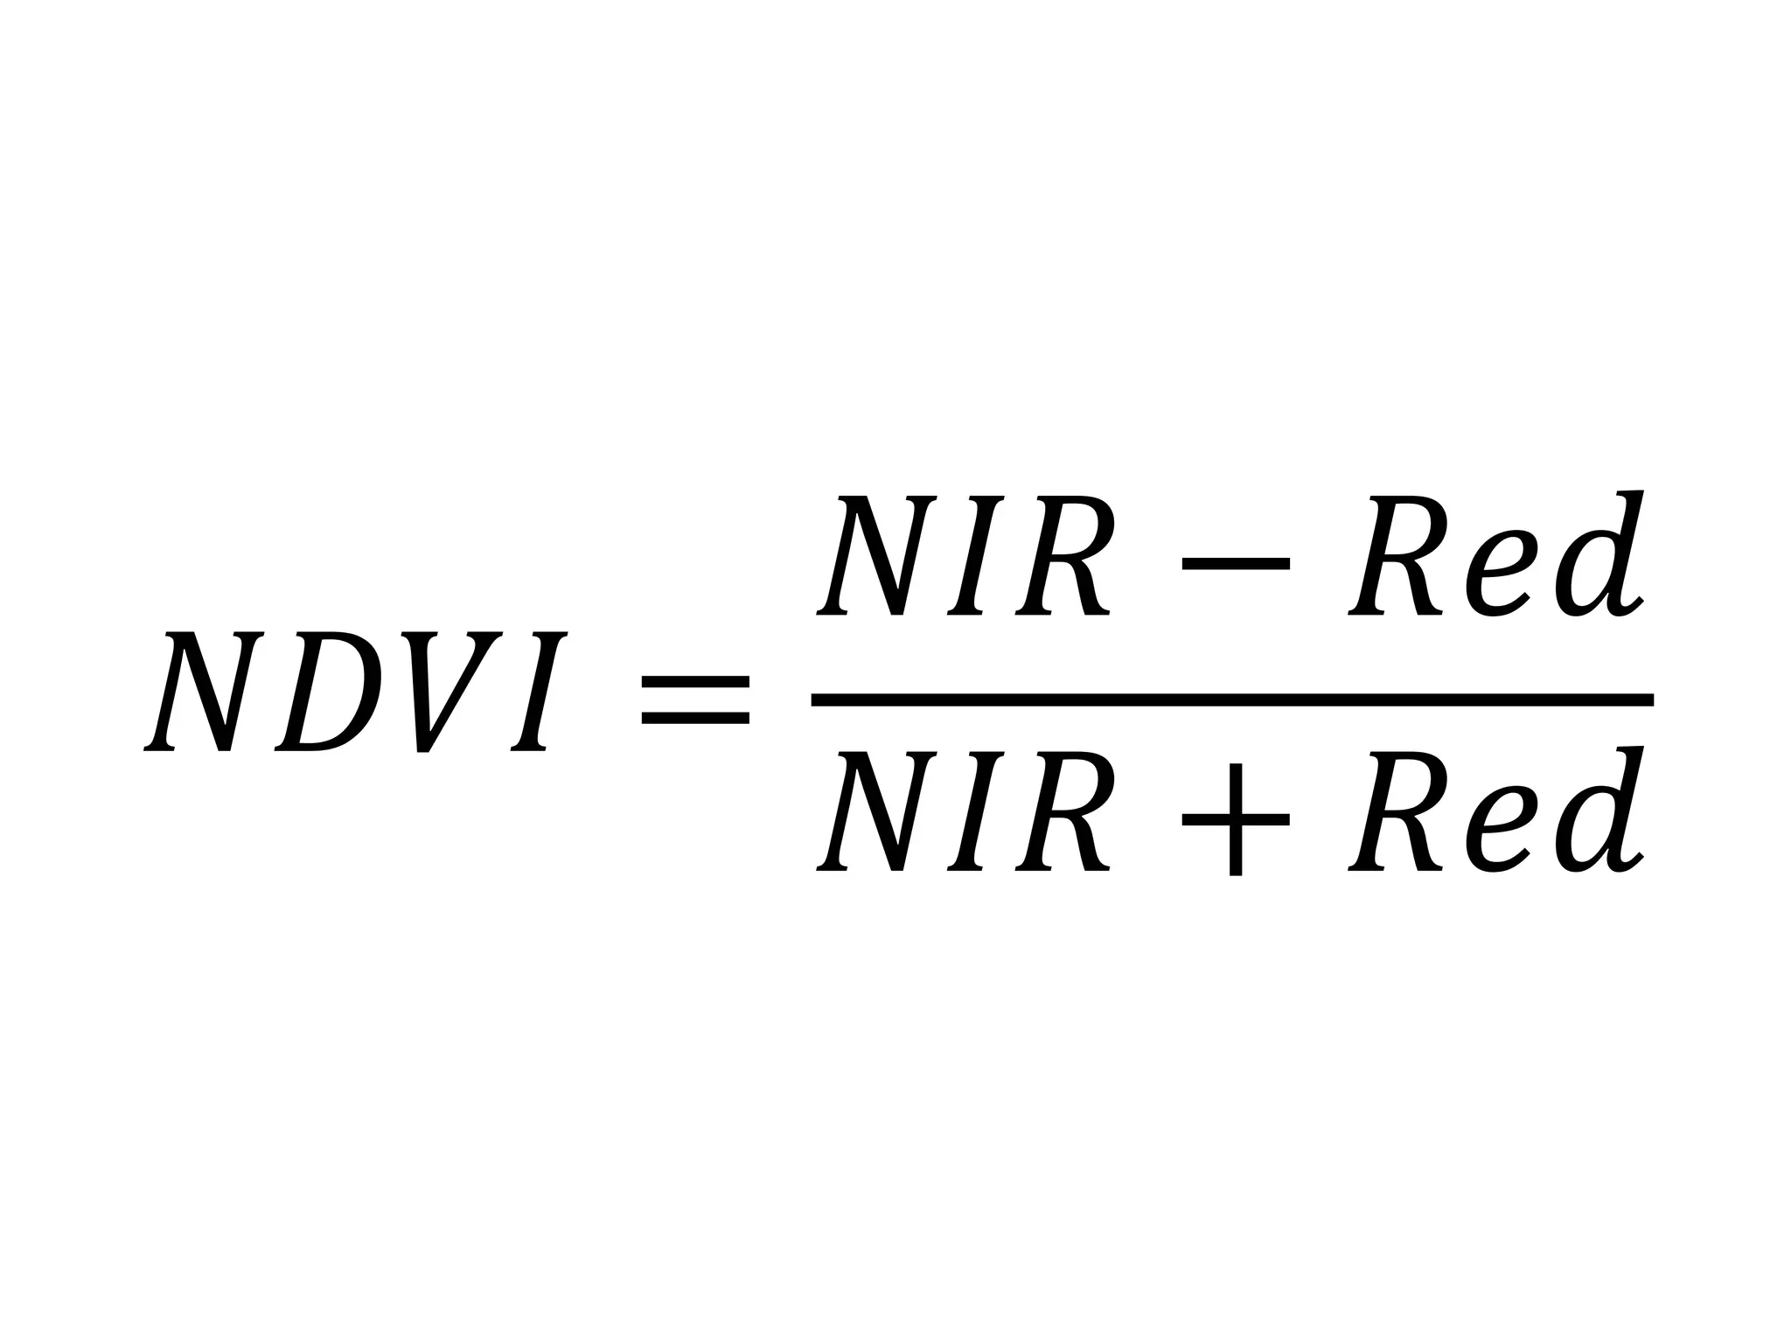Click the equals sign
click(695, 699)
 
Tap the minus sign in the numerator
click(1236, 564)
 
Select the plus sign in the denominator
click(1236, 819)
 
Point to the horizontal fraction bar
click(1232, 699)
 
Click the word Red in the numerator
click(1496, 556)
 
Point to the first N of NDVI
click(205, 691)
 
